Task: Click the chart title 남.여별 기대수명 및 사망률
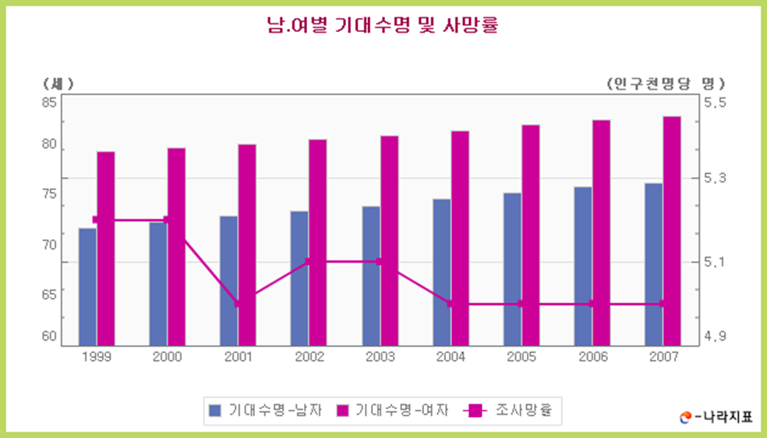(382, 26)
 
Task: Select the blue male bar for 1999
(87, 286)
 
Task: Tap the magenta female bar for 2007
(672, 231)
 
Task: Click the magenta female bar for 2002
(318, 242)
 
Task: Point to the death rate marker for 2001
(238, 304)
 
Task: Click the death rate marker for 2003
(379, 262)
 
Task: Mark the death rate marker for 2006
(591, 304)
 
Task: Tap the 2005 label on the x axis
(521, 357)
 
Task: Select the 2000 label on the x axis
(167, 357)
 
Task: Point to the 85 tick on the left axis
(49, 102)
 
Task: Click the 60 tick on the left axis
(49, 337)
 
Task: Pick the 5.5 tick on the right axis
(715, 102)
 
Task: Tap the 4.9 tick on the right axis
(715, 337)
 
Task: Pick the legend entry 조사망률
(511, 409)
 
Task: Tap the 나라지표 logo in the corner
(716, 416)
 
